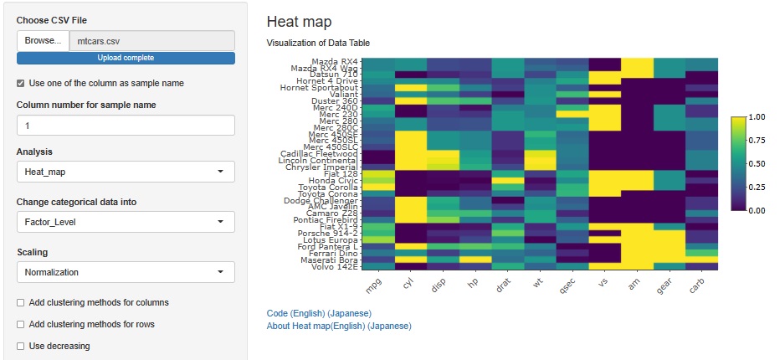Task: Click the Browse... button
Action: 42,40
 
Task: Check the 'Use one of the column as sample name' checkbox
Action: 21,83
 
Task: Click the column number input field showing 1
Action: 126,125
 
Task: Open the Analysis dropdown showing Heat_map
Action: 126,172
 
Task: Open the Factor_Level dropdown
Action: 126,222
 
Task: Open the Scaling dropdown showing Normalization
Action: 126,272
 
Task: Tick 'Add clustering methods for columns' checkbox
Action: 21,302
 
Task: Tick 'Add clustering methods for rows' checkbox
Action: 21,324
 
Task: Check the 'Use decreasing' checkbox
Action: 21,346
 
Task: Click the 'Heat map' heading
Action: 299,22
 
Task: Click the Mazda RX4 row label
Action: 334,62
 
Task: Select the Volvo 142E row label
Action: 336,267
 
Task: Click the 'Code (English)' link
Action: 298,313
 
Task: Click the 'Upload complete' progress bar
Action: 126,58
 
